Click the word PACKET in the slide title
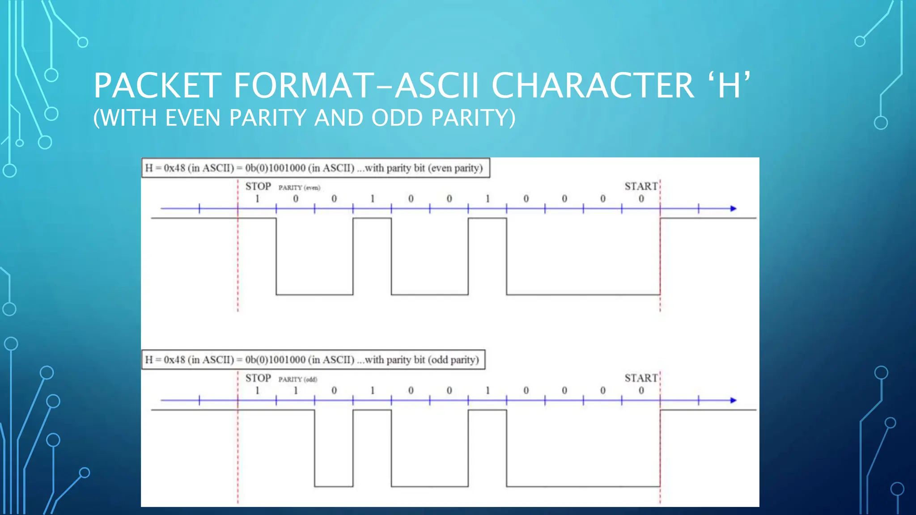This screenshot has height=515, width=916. tap(157, 85)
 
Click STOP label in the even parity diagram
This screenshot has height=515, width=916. tap(258, 186)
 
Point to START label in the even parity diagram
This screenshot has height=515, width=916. tap(641, 186)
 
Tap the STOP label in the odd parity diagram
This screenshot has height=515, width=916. tap(258, 378)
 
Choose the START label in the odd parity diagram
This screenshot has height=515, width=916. tap(641, 378)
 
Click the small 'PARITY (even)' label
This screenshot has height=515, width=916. tap(299, 187)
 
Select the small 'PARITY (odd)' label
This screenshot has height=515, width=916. tap(298, 379)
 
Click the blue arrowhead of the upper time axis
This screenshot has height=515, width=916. tap(733, 208)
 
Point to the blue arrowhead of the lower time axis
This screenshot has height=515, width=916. tap(733, 400)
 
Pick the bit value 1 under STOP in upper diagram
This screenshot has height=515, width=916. tap(257, 198)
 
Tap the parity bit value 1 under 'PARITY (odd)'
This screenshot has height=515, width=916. tap(296, 390)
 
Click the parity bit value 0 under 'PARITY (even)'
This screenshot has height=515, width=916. tap(296, 198)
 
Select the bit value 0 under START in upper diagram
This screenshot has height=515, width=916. tap(641, 198)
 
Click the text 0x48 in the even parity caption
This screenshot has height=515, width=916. tap(174, 168)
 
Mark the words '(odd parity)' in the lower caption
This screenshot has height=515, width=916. tap(453, 360)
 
